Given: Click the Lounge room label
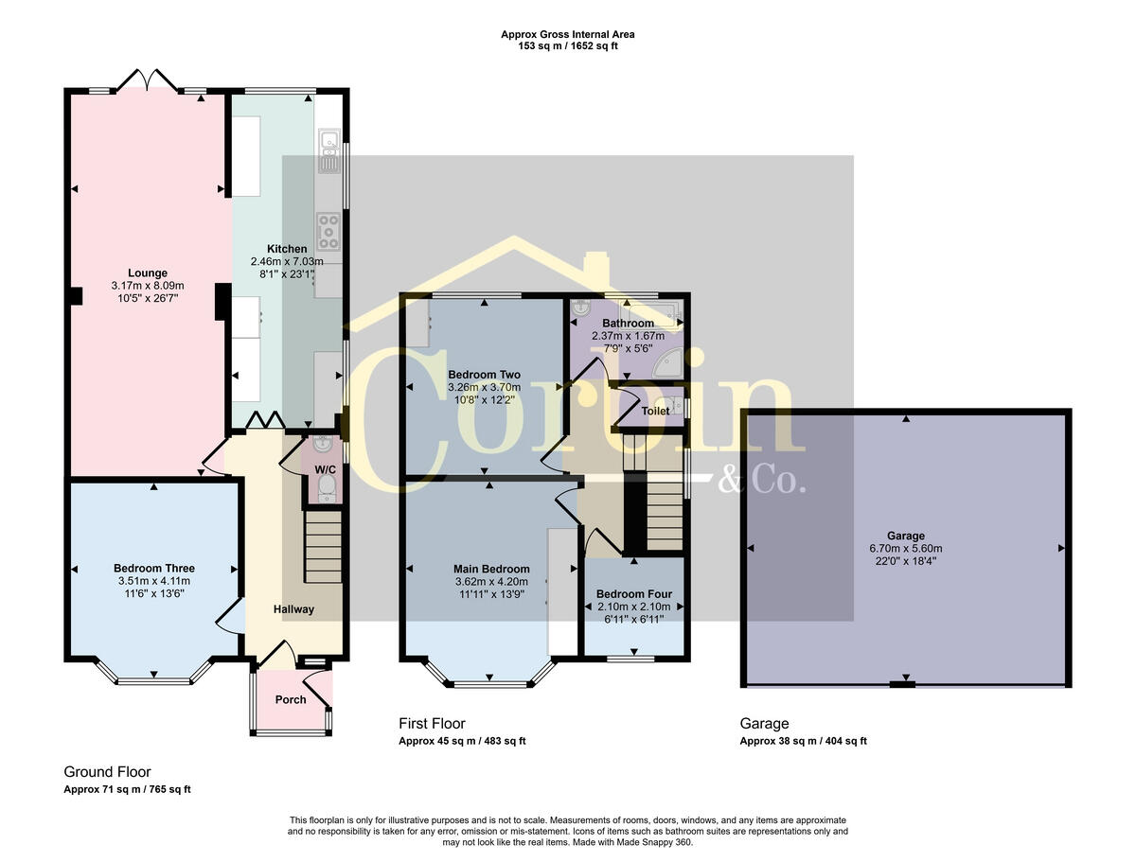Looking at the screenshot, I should coord(148,273).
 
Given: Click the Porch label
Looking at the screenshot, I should coord(291,700).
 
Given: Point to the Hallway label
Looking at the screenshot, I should coord(293,609).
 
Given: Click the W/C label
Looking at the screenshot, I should coord(325,469).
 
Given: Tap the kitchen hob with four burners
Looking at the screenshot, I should coord(328,228).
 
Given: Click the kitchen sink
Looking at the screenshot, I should coord(328,152).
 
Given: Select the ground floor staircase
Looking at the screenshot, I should coord(323,548).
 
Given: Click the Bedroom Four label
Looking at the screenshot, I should coord(633,594).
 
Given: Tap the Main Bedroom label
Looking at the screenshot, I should coord(490,569).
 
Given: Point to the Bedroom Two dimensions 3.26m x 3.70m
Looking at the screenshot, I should coord(484,387).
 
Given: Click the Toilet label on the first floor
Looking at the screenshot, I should coord(655,411).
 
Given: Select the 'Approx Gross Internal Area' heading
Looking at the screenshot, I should coord(568,34).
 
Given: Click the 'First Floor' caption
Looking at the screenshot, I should coord(432,724).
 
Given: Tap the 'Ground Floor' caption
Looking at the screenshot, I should coord(107,772).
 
